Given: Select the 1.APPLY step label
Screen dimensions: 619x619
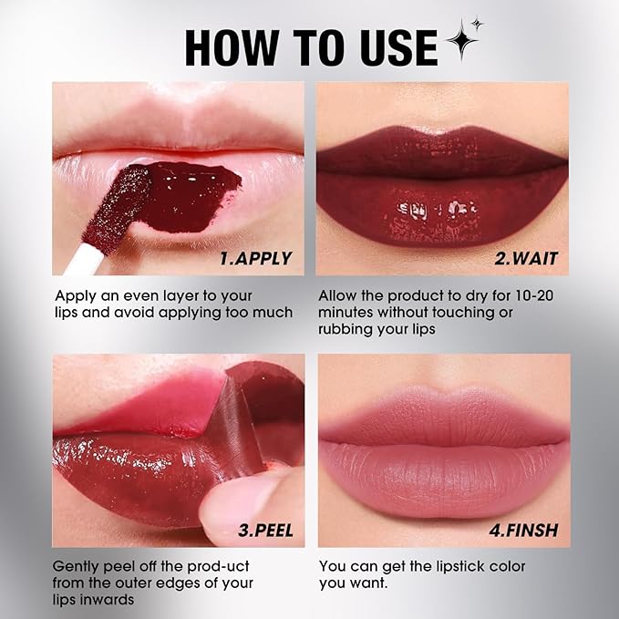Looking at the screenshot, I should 255,258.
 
